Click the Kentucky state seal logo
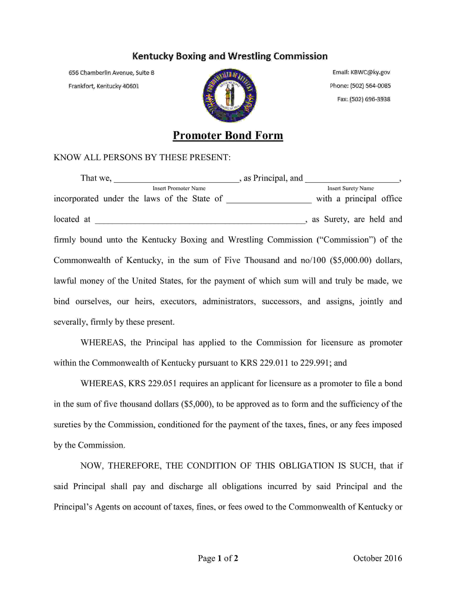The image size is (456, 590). click(230, 95)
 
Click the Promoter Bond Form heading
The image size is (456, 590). click(228, 135)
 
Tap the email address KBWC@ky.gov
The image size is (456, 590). click(370, 72)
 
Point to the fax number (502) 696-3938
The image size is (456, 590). click(370, 99)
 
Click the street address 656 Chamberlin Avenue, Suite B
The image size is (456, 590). click(111, 73)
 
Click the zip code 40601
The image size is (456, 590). click(131, 86)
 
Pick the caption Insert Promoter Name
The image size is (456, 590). click(179, 188)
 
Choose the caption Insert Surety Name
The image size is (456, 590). click(350, 188)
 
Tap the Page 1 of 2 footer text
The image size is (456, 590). click(218, 558)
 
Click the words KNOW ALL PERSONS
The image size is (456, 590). click(98, 157)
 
